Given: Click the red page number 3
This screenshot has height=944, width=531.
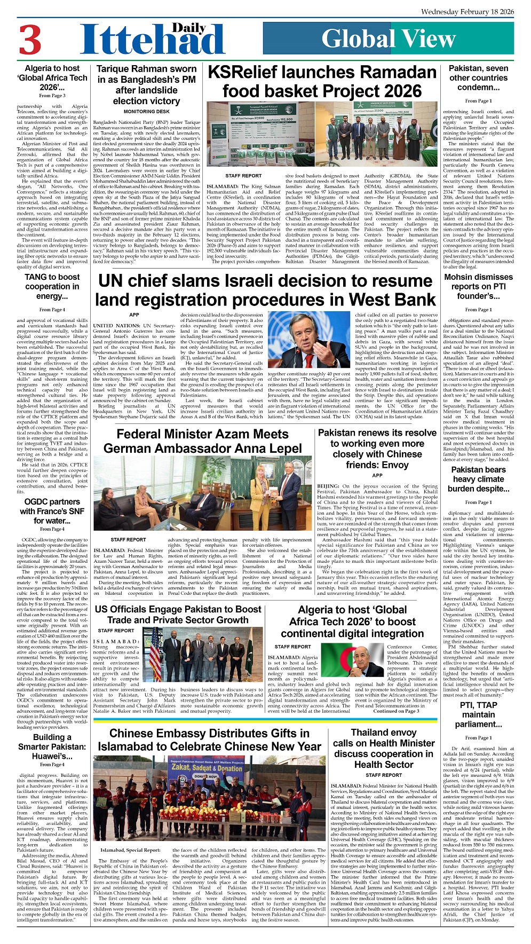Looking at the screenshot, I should click(x=30, y=40).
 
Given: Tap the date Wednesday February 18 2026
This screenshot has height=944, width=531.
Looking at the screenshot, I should click(x=467, y=11).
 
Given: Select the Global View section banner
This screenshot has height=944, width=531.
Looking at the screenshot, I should click(x=388, y=39).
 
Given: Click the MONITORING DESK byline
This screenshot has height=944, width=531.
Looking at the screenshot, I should click(x=146, y=112).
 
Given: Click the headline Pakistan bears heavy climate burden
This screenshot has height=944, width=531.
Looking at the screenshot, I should click(x=478, y=479).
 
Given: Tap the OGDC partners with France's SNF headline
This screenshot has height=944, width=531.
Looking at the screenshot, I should click(x=52, y=511).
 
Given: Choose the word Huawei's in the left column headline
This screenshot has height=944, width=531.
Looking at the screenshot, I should click(x=52, y=756).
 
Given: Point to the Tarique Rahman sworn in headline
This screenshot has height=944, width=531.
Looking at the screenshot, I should click(x=146, y=85).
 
